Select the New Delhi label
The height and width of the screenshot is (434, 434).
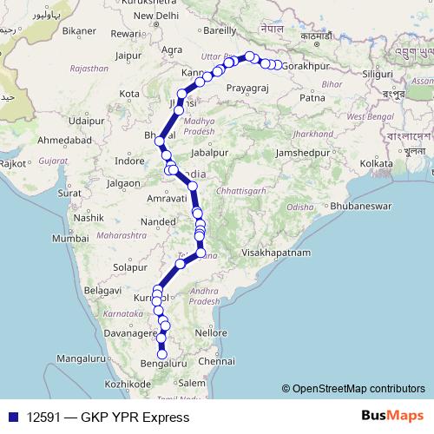click(x=155, y=16)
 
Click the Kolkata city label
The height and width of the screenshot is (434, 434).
click(x=377, y=163)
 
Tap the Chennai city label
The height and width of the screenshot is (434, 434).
click(x=216, y=360)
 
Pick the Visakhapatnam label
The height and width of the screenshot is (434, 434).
click(x=276, y=252)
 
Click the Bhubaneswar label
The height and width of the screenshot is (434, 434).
click(x=365, y=207)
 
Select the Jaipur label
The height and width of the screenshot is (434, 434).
click(x=128, y=56)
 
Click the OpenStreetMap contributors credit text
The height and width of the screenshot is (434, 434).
click(x=358, y=389)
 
